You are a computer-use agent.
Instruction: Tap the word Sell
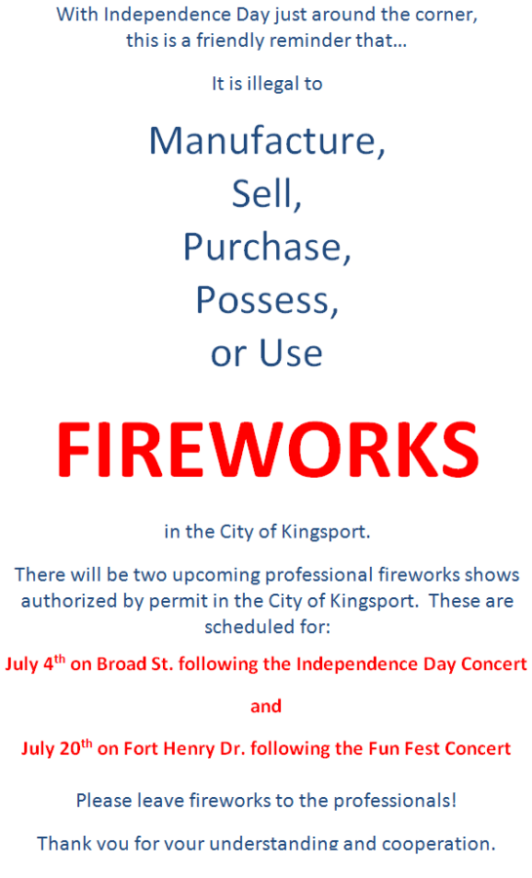click(263, 194)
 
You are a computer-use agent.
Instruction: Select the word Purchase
click(264, 248)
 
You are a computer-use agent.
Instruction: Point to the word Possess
click(264, 300)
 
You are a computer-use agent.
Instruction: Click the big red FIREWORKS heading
click(267, 449)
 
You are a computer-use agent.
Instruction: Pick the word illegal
click(272, 85)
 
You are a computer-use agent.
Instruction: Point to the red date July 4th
click(35, 663)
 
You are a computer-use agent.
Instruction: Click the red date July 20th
click(57, 748)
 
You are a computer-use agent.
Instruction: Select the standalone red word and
click(266, 706)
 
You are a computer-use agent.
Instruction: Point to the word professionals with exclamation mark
click(394, 801)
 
